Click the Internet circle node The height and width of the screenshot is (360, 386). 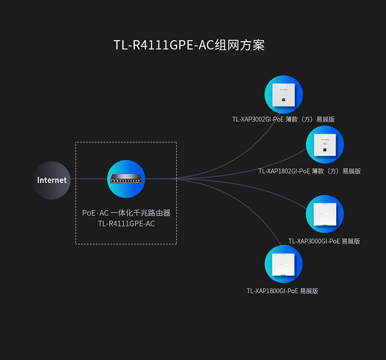[x=52, y=180]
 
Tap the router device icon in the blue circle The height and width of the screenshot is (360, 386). [x=127, y=179]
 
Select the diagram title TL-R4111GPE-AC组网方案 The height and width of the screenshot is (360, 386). [x=189, y=45]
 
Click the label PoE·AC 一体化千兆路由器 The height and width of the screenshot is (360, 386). [x=126, y=213]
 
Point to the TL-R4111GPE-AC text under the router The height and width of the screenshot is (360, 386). [x=126, y=224]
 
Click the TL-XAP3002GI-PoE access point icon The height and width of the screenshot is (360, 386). [x=284, y=95]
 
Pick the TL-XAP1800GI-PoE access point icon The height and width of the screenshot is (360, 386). [x=284, y=264]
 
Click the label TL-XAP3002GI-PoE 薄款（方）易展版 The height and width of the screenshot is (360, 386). [x=284, y=119]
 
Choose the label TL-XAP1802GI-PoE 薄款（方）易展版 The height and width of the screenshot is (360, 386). [x=309, y=171]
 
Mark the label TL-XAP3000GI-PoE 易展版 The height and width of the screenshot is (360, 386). [x=324, y=241]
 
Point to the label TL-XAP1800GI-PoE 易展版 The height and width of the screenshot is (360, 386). [x=283, y=291]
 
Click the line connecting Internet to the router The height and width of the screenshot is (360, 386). [x=89, y=179]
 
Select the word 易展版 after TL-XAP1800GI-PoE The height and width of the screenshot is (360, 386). [x=309, y=291]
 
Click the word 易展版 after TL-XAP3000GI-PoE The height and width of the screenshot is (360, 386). [x=350, y=241]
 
